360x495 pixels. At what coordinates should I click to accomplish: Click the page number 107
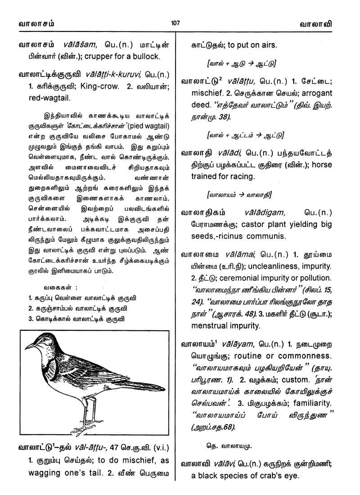[175, 22]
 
